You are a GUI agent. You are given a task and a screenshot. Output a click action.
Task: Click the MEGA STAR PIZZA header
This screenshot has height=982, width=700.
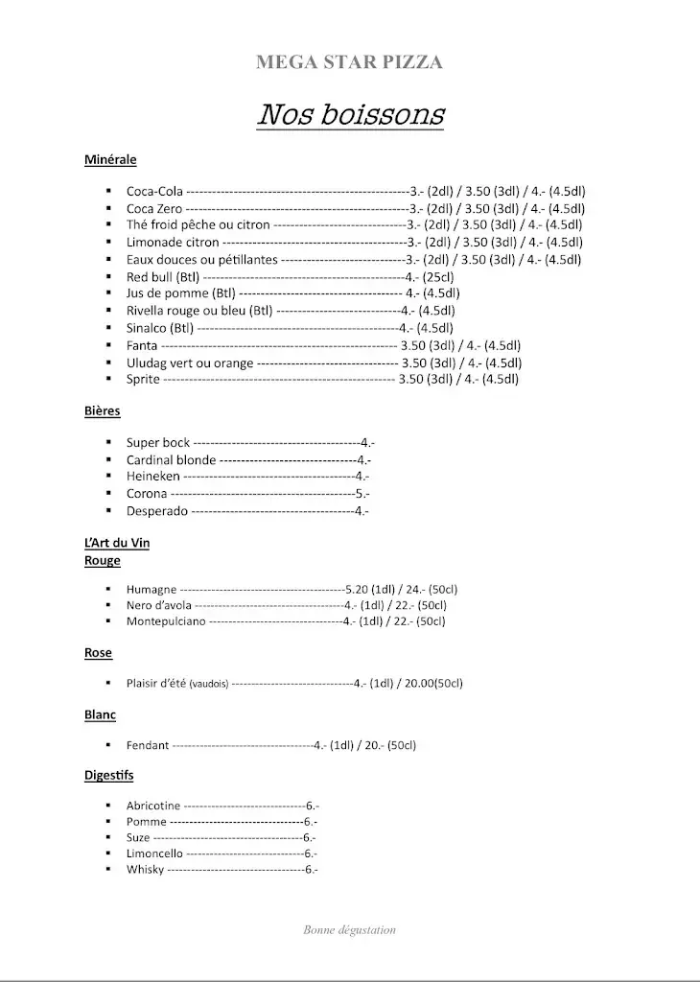click(349, 63)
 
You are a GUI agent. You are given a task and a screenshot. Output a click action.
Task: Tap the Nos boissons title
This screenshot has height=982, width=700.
click(350, 115)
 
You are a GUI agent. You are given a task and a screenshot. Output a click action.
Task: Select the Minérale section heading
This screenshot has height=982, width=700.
click(110, 160)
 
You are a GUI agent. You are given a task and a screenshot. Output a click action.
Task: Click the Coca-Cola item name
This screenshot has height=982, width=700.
click(154, 191)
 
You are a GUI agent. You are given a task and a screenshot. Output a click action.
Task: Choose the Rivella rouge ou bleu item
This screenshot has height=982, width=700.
click(199, 311)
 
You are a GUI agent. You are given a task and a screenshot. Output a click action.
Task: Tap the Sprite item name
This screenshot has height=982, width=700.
click(144, 380)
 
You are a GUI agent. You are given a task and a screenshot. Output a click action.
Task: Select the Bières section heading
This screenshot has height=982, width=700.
click(102, 411)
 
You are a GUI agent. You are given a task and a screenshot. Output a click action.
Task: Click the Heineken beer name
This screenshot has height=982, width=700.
click(153, 477)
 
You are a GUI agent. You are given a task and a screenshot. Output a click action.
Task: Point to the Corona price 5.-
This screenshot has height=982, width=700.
click(362, 494)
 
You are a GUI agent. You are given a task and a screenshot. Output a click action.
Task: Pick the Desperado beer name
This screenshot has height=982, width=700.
click(157, 511)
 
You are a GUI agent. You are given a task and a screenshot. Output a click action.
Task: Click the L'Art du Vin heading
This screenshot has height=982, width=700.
click(117, 544)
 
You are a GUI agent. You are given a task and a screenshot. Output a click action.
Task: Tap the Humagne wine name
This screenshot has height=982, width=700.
click(152, 590)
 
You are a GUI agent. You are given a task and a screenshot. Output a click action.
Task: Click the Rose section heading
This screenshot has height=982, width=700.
click(98, 653)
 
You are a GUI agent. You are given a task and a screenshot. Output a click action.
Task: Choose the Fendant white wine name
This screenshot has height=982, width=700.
click(148, 745)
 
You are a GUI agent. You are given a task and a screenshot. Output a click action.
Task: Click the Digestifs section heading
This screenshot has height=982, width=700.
click(109, 775)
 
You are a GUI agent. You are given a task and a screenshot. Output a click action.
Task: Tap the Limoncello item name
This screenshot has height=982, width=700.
click(154, 853)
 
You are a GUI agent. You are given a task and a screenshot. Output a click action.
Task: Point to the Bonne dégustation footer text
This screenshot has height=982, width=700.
click(349, 929)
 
